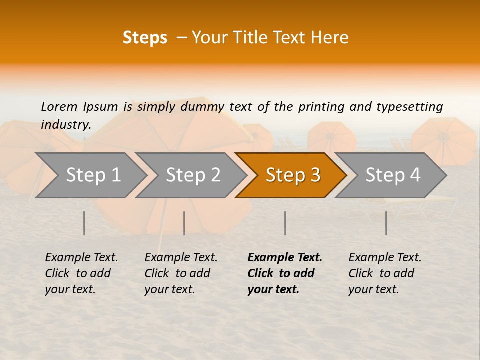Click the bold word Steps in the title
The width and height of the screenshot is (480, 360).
point(145,38)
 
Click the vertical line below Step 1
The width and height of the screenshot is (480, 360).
point(84,223)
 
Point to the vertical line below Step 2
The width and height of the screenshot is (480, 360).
point(184,223)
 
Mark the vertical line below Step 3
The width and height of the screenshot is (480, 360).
point(285,223)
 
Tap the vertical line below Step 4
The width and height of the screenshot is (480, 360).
point(386,223)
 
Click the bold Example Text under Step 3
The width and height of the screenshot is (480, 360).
point(285,257)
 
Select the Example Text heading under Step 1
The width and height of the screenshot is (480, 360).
point(81,257)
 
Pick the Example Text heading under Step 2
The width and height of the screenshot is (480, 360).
point(181,257)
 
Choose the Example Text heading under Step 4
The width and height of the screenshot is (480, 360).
point(385,257)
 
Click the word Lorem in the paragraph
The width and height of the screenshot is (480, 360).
point(59,106)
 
